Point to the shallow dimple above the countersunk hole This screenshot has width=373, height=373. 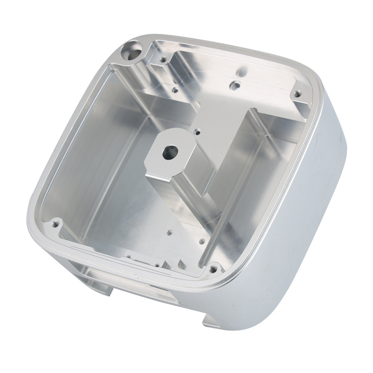coord(242,69)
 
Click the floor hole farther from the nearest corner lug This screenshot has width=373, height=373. coord(170,232)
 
